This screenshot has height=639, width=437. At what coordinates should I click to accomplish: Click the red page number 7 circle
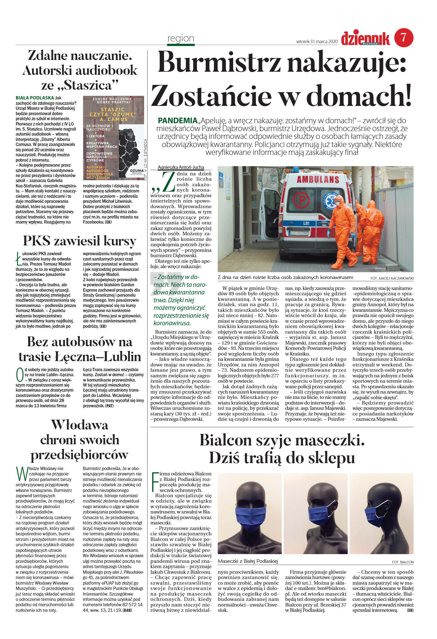(x=404, y=38)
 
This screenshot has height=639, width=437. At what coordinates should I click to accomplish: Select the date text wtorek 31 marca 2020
(x=317, y=41)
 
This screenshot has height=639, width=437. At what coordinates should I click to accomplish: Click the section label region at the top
(x=181, y=38)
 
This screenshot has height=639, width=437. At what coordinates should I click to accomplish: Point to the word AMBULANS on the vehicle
(x=318, y=179)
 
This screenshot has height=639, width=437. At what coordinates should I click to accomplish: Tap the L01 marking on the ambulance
(x=306, y=223)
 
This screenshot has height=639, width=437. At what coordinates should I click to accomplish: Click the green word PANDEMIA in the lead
(x=178, y=121)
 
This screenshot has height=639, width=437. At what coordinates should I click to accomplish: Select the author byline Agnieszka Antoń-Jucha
(x=181, y=167)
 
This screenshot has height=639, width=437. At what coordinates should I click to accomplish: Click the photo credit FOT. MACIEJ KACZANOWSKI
(x=392, y=278)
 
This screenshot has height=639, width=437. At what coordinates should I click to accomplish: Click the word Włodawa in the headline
(x=80, y=425)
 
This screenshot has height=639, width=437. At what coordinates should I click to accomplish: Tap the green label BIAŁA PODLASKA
(x=35, y=98)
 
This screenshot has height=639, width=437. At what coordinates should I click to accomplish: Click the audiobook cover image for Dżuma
(x=113, y=138)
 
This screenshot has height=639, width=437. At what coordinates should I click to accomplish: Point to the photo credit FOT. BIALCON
(x=403, y=562)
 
